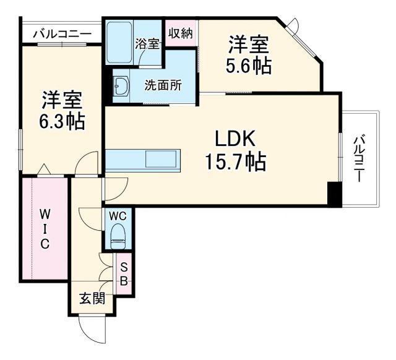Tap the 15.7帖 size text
tap(236, 162)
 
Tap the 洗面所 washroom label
tap(163, 85)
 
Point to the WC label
tap(118, 216)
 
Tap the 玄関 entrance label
tap(91, 298)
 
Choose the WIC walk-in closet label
tap(45, 228)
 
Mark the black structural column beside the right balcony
tap(334, 195)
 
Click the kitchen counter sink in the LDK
tap(161, 160)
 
